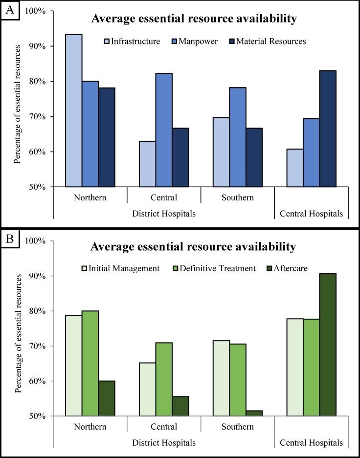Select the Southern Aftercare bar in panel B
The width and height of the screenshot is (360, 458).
pyautogui.click(x=254, y=414)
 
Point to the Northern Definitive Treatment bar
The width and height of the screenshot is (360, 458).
pyautogui.click(x=90, y=363)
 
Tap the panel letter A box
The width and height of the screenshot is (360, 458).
pyautogui.click(x=10, y=10)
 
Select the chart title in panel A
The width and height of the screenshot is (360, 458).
pyautogui.click(x=194, y=20)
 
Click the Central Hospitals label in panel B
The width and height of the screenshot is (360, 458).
pyautogui.click(x=311, y=443)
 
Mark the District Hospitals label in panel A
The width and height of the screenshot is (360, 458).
pyautogui.click(x=164, y=214)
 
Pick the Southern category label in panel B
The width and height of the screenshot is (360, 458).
pyautogui.click(x=237, y=427)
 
